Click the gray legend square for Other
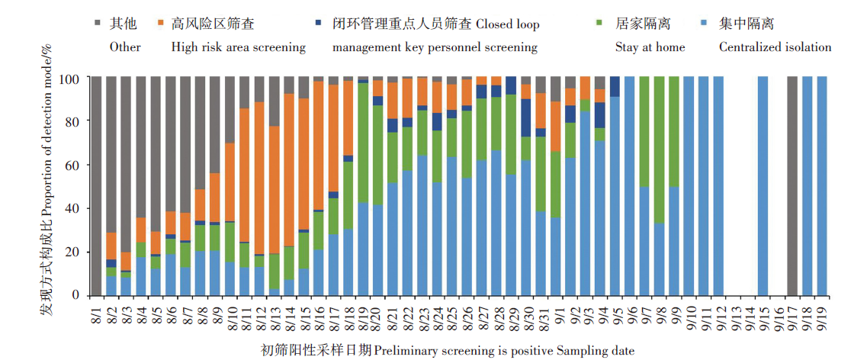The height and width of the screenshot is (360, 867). (x=98, y=24)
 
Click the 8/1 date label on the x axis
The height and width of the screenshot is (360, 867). (x=96, y=313)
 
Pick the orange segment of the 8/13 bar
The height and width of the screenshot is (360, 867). (x=274, y=190)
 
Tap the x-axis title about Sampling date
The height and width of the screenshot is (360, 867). (x=446, y=350)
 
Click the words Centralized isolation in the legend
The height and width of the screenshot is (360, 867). (x=775, y=47)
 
